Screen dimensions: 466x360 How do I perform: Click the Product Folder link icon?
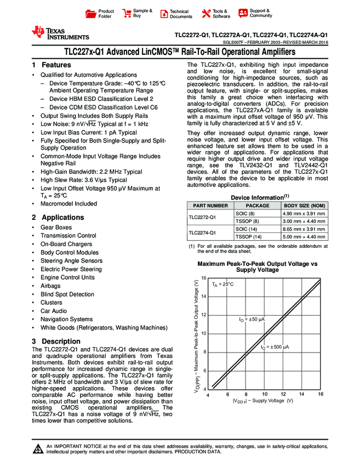point(91,14)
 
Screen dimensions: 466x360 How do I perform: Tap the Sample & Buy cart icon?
point(127,14)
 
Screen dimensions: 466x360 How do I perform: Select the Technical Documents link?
point(181,14)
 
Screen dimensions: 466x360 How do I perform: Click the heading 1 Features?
point(52,65)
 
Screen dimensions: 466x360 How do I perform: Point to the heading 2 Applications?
point(58,217)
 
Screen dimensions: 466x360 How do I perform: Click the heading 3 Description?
point(56,342)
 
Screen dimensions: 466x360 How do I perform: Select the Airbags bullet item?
point(50,286)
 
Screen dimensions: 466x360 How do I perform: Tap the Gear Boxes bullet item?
point(56,228)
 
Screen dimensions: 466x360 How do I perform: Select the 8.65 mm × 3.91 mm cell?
point(304,228)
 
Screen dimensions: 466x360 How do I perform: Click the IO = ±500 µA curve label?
point(275,348)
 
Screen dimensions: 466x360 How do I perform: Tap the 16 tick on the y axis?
point(204,279)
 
